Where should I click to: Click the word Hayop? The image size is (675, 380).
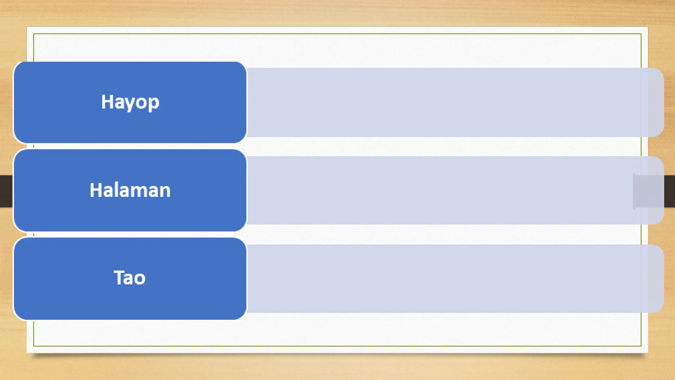pyautogui.click(x=130, y=102)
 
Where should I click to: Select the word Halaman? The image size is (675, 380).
pyautogui.click(x=130, y=190)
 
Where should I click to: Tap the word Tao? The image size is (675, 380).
pyautogui.click(x=130, y=278)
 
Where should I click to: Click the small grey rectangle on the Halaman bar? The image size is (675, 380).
pyautogui.click(x=648, y=191)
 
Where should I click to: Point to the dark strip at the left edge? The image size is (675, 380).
pyautogui.click(x=6, y=191)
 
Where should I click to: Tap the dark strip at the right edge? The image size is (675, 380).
pyautogui.click(x=669, y=191)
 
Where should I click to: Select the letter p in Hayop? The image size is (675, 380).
pyautogui.click(x=154, y=103)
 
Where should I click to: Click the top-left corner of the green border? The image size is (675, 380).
pyautogui.click(x=34, y=34)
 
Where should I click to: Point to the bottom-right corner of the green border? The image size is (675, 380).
pyautogui.click(x=641, y=346)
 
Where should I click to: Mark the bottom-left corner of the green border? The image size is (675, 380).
pyautogui.click(x=34, y=346)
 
